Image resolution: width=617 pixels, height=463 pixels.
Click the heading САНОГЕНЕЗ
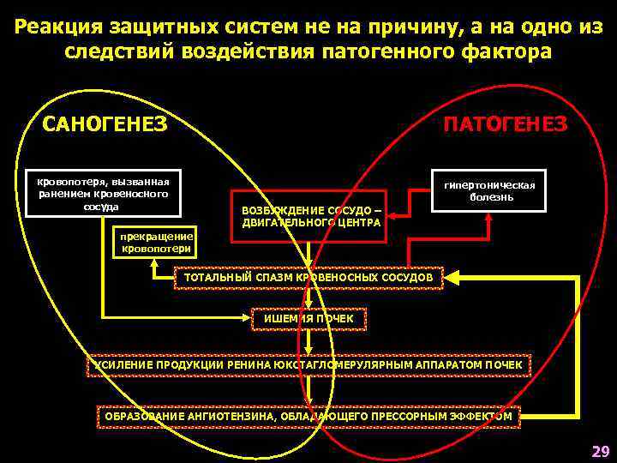coord(105,124)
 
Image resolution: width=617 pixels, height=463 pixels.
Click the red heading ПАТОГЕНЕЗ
coord(504,124)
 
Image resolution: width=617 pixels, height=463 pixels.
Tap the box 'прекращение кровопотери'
coord(157,242)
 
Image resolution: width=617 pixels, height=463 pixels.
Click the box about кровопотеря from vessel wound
coord(102,193)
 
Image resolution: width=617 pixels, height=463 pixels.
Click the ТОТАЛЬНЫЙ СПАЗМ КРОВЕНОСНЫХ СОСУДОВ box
coord(309,278)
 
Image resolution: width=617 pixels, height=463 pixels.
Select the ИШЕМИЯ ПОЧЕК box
coord(309,319)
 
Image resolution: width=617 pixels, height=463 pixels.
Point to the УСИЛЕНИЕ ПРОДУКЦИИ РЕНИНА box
coord(309,365)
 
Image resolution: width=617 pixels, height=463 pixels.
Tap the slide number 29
coord(599,451)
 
